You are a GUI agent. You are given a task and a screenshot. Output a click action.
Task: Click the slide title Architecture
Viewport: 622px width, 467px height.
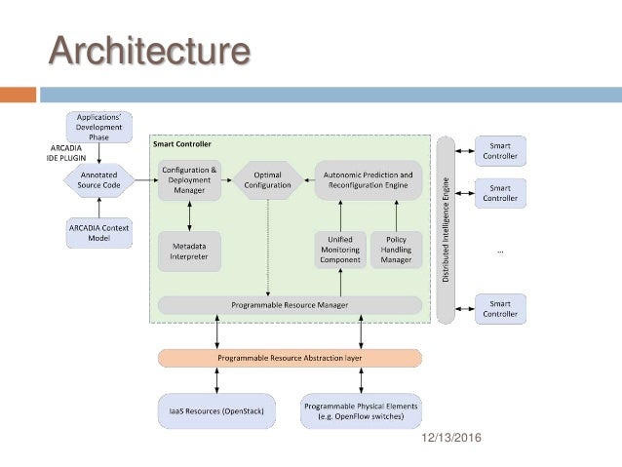(149, 50)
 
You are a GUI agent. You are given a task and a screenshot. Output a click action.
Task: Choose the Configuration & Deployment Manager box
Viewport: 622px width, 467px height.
(189, 180)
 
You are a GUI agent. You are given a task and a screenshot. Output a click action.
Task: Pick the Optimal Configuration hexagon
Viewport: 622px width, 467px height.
(267, 179)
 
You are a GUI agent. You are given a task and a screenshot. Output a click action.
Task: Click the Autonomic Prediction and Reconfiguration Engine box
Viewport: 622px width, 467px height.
(368, 180)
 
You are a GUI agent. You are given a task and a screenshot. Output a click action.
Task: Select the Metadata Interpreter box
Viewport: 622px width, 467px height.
(189, 252)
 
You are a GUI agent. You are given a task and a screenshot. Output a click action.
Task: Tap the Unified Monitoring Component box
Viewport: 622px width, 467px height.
(339, 251)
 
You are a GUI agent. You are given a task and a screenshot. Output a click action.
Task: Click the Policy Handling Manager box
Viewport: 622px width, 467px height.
(396, 251)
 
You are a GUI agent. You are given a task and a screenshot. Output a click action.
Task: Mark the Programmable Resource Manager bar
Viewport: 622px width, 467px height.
(290, 305)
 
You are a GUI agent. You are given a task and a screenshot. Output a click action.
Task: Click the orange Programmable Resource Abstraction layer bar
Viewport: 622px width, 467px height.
(290, 359)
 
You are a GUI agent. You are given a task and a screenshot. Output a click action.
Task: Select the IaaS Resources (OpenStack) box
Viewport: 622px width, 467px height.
(216, 412)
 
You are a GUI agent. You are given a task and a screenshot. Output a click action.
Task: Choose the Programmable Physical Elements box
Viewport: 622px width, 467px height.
(361, 412)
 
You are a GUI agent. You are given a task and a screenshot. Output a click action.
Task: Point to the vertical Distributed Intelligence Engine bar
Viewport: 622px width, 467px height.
(447, 230)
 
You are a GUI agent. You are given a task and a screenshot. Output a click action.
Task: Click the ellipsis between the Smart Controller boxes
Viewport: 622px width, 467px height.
(500, 251)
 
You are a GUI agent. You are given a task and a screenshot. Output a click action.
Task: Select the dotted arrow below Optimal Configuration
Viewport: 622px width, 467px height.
(267, 244)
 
